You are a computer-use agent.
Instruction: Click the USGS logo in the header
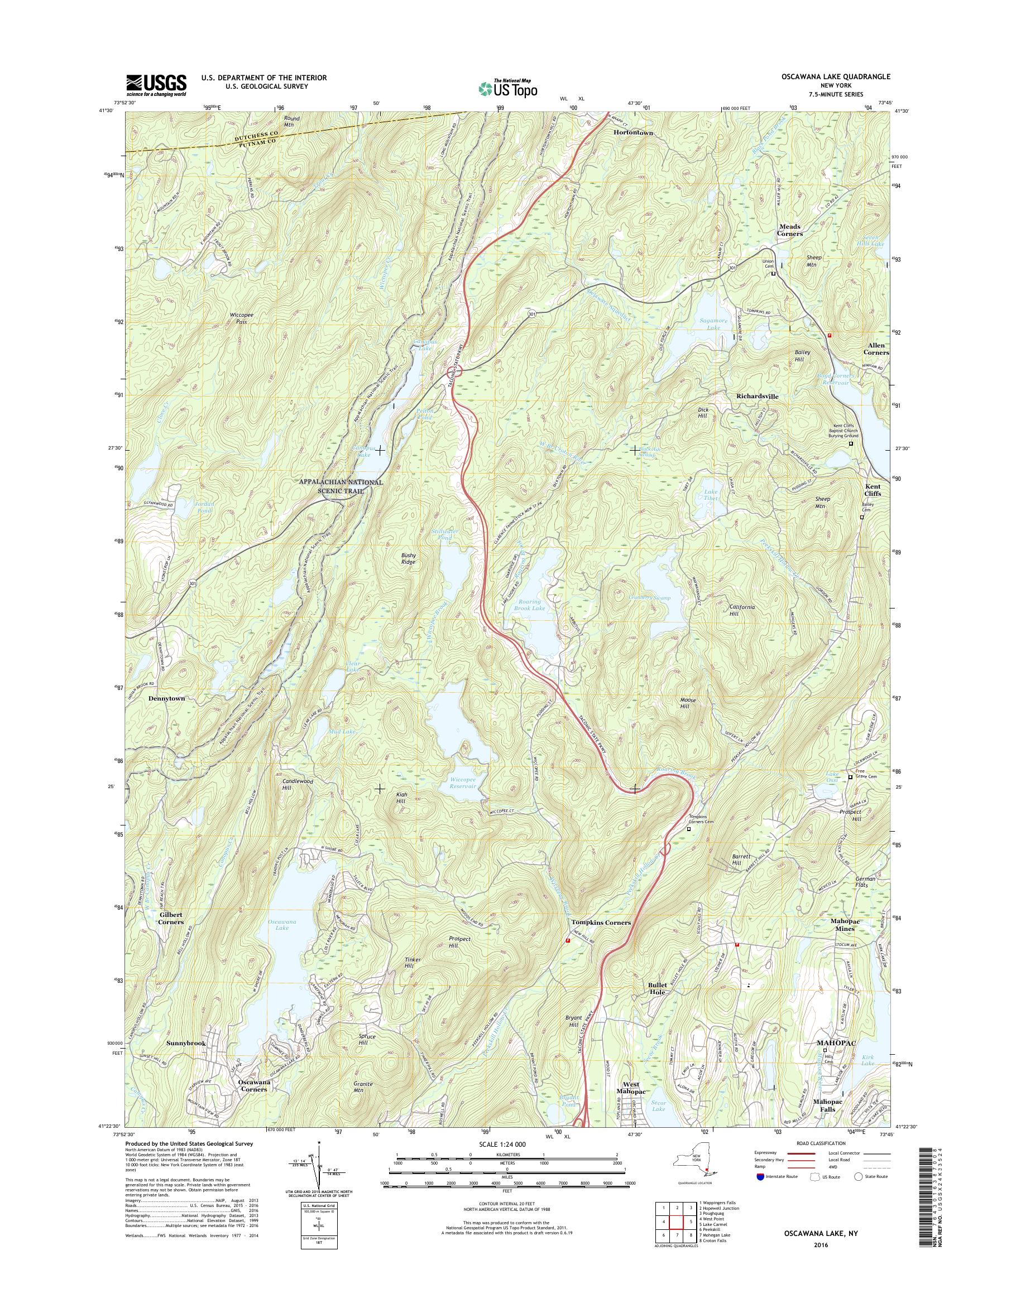156,85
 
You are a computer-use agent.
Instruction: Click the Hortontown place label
633,133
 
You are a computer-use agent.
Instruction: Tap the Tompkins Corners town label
601,922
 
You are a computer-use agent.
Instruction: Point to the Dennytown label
166,698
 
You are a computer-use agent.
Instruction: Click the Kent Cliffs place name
873,490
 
